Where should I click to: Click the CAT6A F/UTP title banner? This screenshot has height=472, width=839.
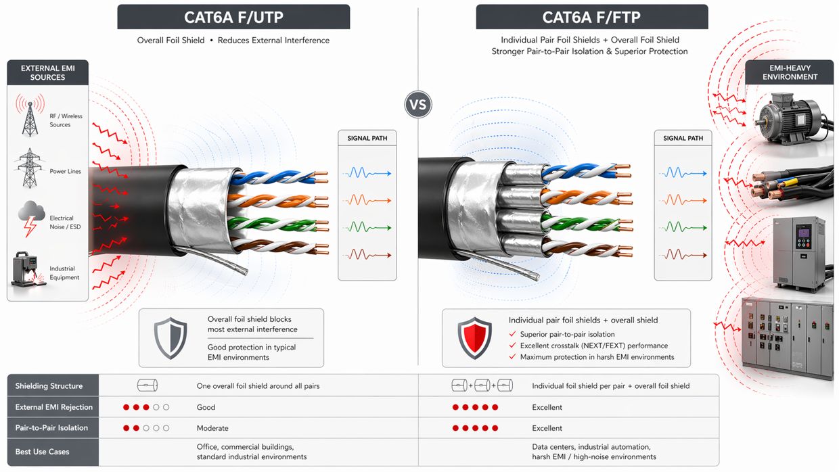(x=233, y=17)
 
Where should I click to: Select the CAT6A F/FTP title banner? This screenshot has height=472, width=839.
(x=592, y=17)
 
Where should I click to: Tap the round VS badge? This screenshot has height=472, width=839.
(x=418, y=105)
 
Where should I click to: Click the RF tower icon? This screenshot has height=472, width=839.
(x=30, y=115)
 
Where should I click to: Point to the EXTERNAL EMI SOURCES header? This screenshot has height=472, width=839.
(x=47, y=73)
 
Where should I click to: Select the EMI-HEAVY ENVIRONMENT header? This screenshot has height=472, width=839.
(x=790, y=72)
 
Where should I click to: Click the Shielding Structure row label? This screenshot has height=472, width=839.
(x=49, y=386)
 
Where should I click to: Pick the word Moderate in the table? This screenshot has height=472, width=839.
(x=212, y=428)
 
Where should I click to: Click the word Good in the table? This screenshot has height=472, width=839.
(x=206, y=407)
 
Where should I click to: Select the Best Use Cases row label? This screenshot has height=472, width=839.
(x=42, y=452)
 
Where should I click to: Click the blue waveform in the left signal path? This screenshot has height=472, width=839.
(x=367, y=174)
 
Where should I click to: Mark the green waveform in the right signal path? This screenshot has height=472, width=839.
(x=683, y=227)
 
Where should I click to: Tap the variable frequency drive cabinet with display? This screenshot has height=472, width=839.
(x=799, y=250)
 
